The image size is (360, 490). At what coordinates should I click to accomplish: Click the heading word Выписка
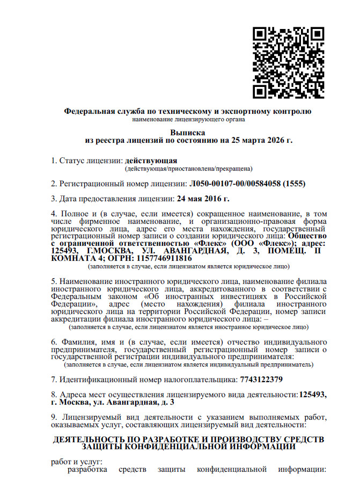188,132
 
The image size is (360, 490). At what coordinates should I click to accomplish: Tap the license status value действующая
151,160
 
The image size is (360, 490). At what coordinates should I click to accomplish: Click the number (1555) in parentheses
295,184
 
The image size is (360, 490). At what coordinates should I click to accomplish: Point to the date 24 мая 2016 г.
203,199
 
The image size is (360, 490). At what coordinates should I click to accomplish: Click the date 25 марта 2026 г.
261,140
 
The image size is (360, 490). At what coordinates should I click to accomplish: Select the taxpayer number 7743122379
260,379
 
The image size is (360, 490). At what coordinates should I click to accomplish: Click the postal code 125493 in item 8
313,394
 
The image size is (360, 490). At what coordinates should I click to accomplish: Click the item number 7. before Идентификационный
54,379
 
